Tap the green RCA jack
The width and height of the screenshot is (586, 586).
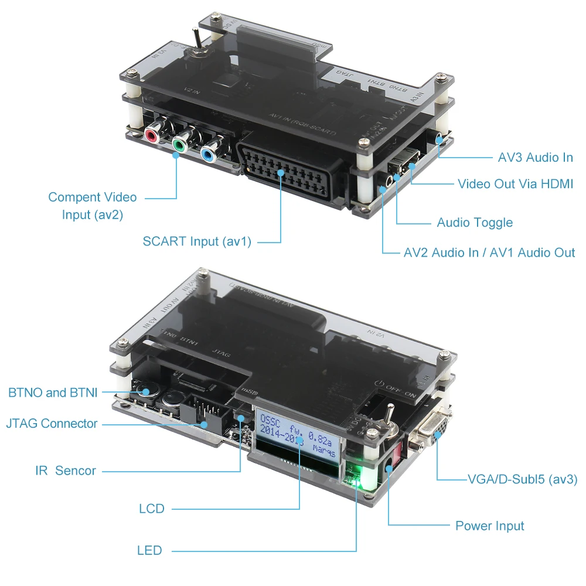tap(180, 143)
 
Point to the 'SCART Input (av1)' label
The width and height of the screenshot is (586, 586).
tap(197, 241)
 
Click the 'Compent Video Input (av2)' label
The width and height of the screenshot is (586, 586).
tap(93, 206)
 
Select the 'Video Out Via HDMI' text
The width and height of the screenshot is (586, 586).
tap(515, 184)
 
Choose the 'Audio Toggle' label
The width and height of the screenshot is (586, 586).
tap(475, 223)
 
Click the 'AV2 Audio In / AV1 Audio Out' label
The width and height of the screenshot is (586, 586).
tap(489, 253)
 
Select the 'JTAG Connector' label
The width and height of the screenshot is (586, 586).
tap(52, 423)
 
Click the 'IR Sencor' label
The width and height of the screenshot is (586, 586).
tap(65, 470)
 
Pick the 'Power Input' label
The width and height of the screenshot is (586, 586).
tap(489, 526)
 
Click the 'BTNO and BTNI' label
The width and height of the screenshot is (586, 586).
tap(53, 392)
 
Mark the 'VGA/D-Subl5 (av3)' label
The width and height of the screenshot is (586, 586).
tap(523, 479)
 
